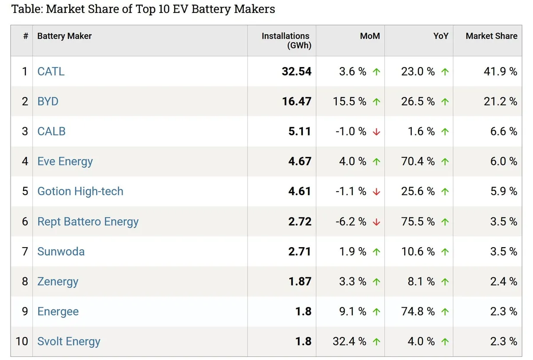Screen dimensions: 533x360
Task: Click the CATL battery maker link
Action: (x=51, y=72)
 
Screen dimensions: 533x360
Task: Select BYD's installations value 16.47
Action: (x=297, y=101)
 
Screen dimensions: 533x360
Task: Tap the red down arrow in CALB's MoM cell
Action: (x=377, y=132)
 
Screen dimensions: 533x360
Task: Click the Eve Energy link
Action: (x=65, y=162)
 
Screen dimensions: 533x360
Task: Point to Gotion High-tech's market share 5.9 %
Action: (x=504, y=191)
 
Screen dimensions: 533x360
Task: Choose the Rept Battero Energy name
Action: (x=88, y=222)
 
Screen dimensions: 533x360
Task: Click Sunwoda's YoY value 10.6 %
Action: (x=418, y=252)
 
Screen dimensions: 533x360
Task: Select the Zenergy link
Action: (x=58, y=282)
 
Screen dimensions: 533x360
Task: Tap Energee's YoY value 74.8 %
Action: (x=418, y=312)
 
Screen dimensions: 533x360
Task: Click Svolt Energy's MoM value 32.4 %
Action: (x=349, y=341)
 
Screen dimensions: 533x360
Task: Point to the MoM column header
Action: (x=370, y=36)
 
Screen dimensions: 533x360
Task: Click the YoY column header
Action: (x=441, y=36)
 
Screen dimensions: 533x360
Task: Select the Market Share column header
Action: (x=492, y=36)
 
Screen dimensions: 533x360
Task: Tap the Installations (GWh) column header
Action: (x=286, y=40)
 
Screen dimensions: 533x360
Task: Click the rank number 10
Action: (x=22, y=341)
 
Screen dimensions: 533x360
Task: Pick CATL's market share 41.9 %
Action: (x=501, y=72)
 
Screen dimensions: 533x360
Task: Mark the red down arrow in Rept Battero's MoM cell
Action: (x=377, y=222)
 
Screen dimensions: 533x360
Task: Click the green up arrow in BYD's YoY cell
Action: (x=445, y=102)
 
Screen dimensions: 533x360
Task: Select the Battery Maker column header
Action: (x=64, y=36)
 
